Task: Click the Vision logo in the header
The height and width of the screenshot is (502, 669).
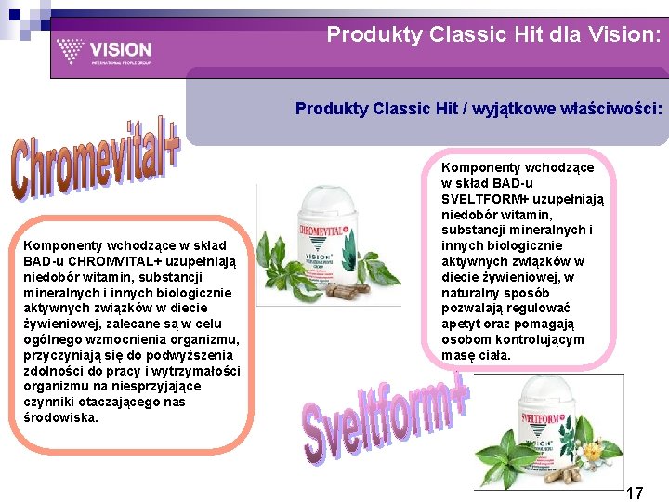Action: (103, 52)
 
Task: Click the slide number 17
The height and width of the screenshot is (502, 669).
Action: (634, 493)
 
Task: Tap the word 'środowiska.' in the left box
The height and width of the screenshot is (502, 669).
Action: (61, 417)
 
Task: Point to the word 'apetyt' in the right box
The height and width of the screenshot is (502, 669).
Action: (463, 324)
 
